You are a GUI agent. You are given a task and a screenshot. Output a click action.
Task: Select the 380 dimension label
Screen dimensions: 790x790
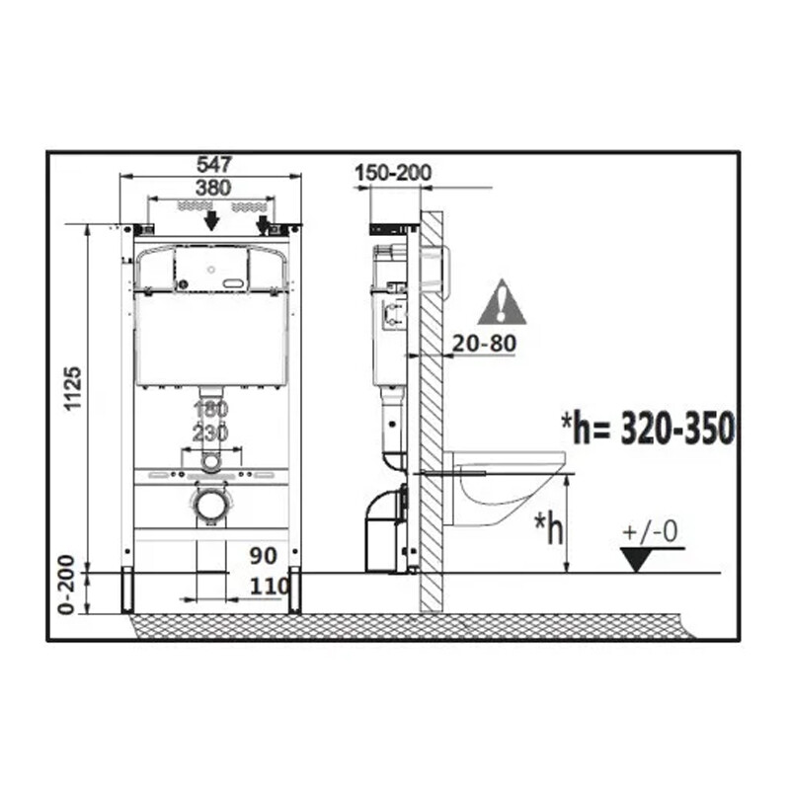pyautogui.click(x=212, y=188)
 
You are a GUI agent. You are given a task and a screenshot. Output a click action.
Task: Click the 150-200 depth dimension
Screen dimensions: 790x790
pyautogui.click(x=392, y=173)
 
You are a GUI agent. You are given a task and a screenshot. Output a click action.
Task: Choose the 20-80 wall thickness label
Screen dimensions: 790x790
pyautogui.click(x=484, y=343)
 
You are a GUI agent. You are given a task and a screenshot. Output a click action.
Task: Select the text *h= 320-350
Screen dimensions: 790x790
pyautogui.click(x=647, y=429)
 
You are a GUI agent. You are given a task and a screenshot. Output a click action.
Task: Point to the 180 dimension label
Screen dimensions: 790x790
pyautogui.click(x=210, y=409)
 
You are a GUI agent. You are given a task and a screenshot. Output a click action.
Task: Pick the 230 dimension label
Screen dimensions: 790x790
pyautogui.click(x=210, y=433)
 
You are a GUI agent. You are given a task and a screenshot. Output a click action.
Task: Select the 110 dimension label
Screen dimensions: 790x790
pyautogui.click(x=270, y=587)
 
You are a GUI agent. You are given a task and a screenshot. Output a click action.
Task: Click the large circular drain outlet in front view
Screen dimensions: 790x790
pyautogui.click(x=210, y=505)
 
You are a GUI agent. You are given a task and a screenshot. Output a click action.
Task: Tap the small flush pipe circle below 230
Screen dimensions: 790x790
pyautogui.click(x=210, y=461)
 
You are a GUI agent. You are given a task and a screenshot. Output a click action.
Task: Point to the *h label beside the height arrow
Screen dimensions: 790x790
pyautogui.click(x=549, y=529)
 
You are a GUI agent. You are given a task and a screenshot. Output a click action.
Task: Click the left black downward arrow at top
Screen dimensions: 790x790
pyautogui.click(x=210, y=221)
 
